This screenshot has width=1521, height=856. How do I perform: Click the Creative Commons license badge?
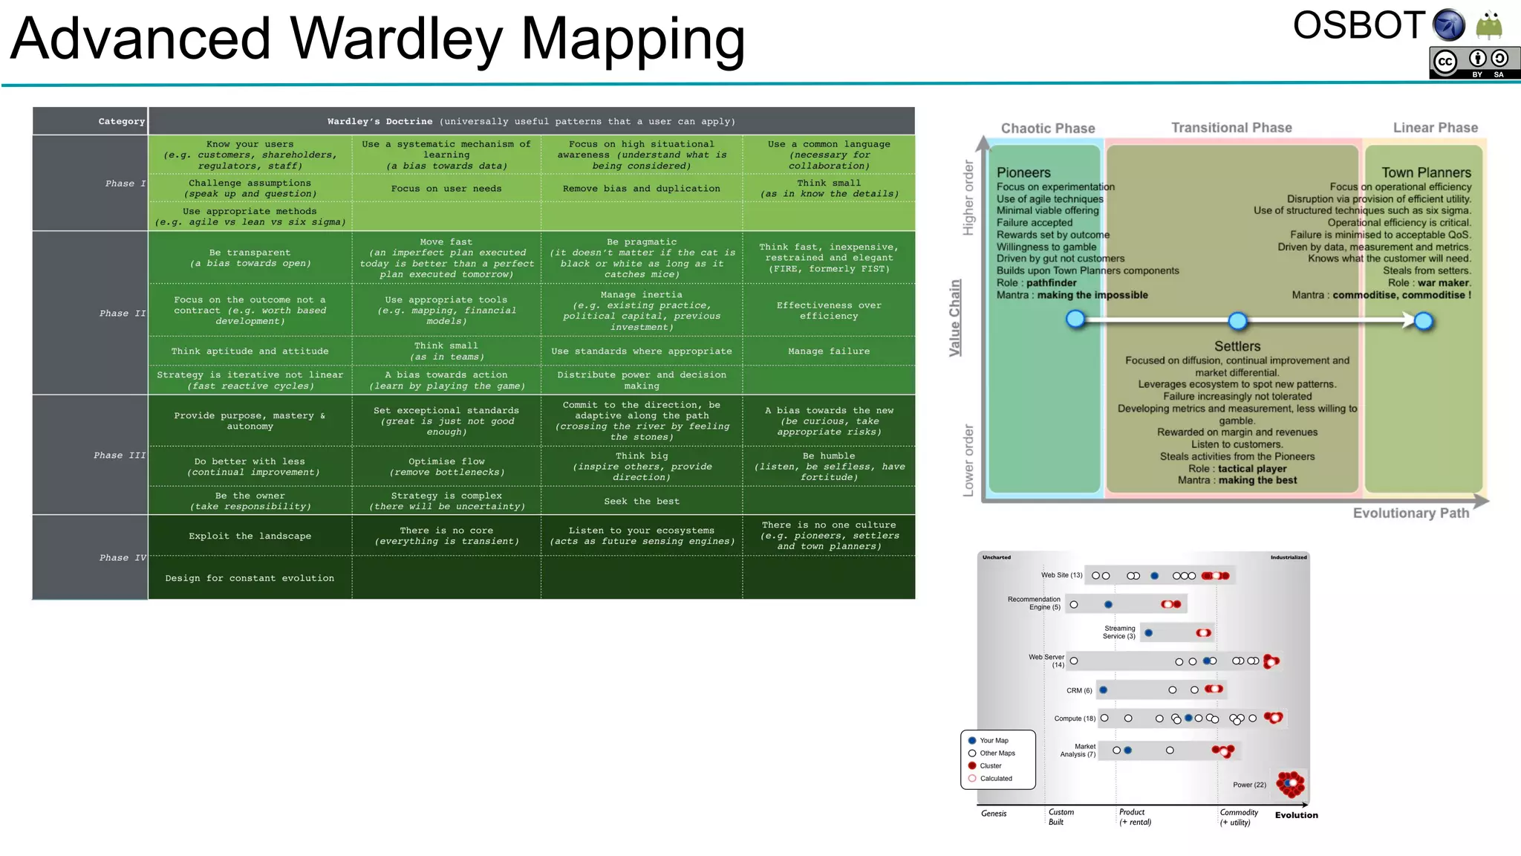(x=1473, y=63)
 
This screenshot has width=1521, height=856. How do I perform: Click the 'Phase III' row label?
(x=119, y=455)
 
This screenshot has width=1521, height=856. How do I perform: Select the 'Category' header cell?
(x=121, y=121)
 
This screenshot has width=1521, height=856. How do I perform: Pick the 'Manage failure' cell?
(x=828, y=351)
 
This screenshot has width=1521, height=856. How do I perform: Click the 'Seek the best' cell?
(x=641, y=501)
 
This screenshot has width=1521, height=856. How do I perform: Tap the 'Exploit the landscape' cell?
(x=250, y=536)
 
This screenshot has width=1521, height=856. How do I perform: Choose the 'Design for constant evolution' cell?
(x=250, y=578)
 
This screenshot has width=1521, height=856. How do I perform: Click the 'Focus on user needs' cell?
(x=446, y=189)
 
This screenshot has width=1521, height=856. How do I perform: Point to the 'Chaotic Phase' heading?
(x=1047, y=129)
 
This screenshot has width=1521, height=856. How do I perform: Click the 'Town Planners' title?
(x=1425, y=172)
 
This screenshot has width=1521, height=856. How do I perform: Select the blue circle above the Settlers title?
(x=1237, y=321)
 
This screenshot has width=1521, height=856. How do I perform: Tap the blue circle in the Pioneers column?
(x=1075, y=320)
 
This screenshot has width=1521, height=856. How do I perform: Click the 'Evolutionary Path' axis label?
(x=1410, y=513)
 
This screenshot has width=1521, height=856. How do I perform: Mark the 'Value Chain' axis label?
(x=955, y=318)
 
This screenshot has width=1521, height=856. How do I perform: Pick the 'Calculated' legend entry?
(x=994, y=778)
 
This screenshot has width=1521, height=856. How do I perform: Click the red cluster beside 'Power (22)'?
(x=1291, y=783)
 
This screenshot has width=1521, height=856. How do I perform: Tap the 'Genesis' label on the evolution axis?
(x=993, y=814)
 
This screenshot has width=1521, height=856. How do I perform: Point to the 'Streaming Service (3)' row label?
(x=1118, y=632)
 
